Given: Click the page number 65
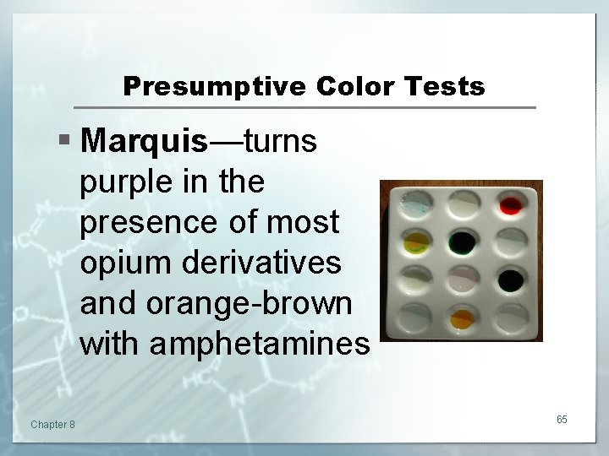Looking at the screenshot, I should point(562,420).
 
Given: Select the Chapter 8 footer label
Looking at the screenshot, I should point(52,424).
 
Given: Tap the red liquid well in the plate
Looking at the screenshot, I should point(510,205).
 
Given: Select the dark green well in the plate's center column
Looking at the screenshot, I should point(463,242).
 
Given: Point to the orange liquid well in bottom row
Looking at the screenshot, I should point(462,318).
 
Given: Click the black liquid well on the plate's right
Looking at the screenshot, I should point(510,279).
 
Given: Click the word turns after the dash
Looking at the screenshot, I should point(280,142).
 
